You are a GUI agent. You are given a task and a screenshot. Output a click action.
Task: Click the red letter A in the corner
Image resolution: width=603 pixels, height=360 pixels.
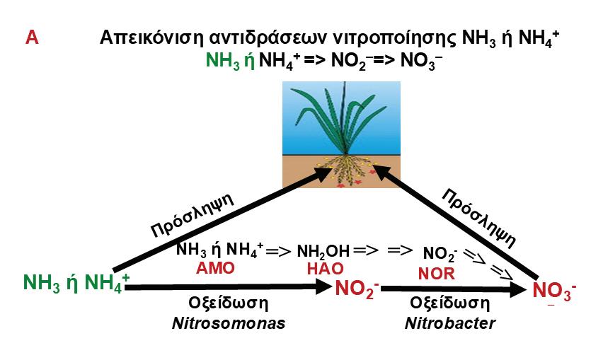tap(31, 37)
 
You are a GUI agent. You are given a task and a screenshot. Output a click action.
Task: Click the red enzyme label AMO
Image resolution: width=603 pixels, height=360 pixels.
tap(215, 268)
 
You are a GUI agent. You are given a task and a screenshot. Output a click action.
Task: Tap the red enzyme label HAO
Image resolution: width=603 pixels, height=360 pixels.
tap(325, 269)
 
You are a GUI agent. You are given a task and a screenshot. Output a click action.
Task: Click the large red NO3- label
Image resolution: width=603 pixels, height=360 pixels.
tap(554, 291)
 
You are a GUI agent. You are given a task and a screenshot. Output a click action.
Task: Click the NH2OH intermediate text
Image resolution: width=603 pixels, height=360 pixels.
tap(323, 252)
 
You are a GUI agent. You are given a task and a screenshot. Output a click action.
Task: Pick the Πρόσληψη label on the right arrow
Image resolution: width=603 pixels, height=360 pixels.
tap(473, 211)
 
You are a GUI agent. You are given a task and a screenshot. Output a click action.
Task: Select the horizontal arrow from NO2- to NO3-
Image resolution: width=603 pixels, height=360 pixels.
tap(453, 289)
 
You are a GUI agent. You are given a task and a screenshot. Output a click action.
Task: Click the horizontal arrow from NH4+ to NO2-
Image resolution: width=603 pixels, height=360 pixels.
tap(226, 287)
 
